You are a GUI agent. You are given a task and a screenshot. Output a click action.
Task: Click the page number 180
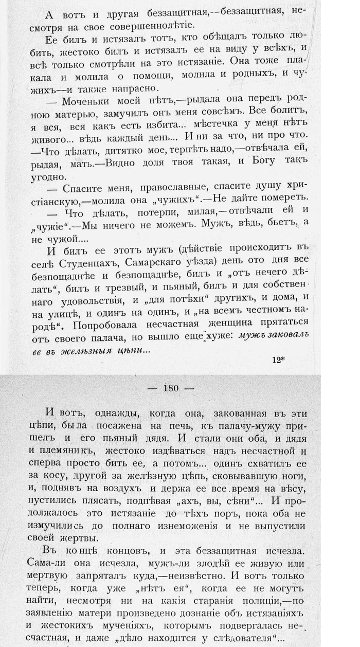(x=170, y=388)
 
